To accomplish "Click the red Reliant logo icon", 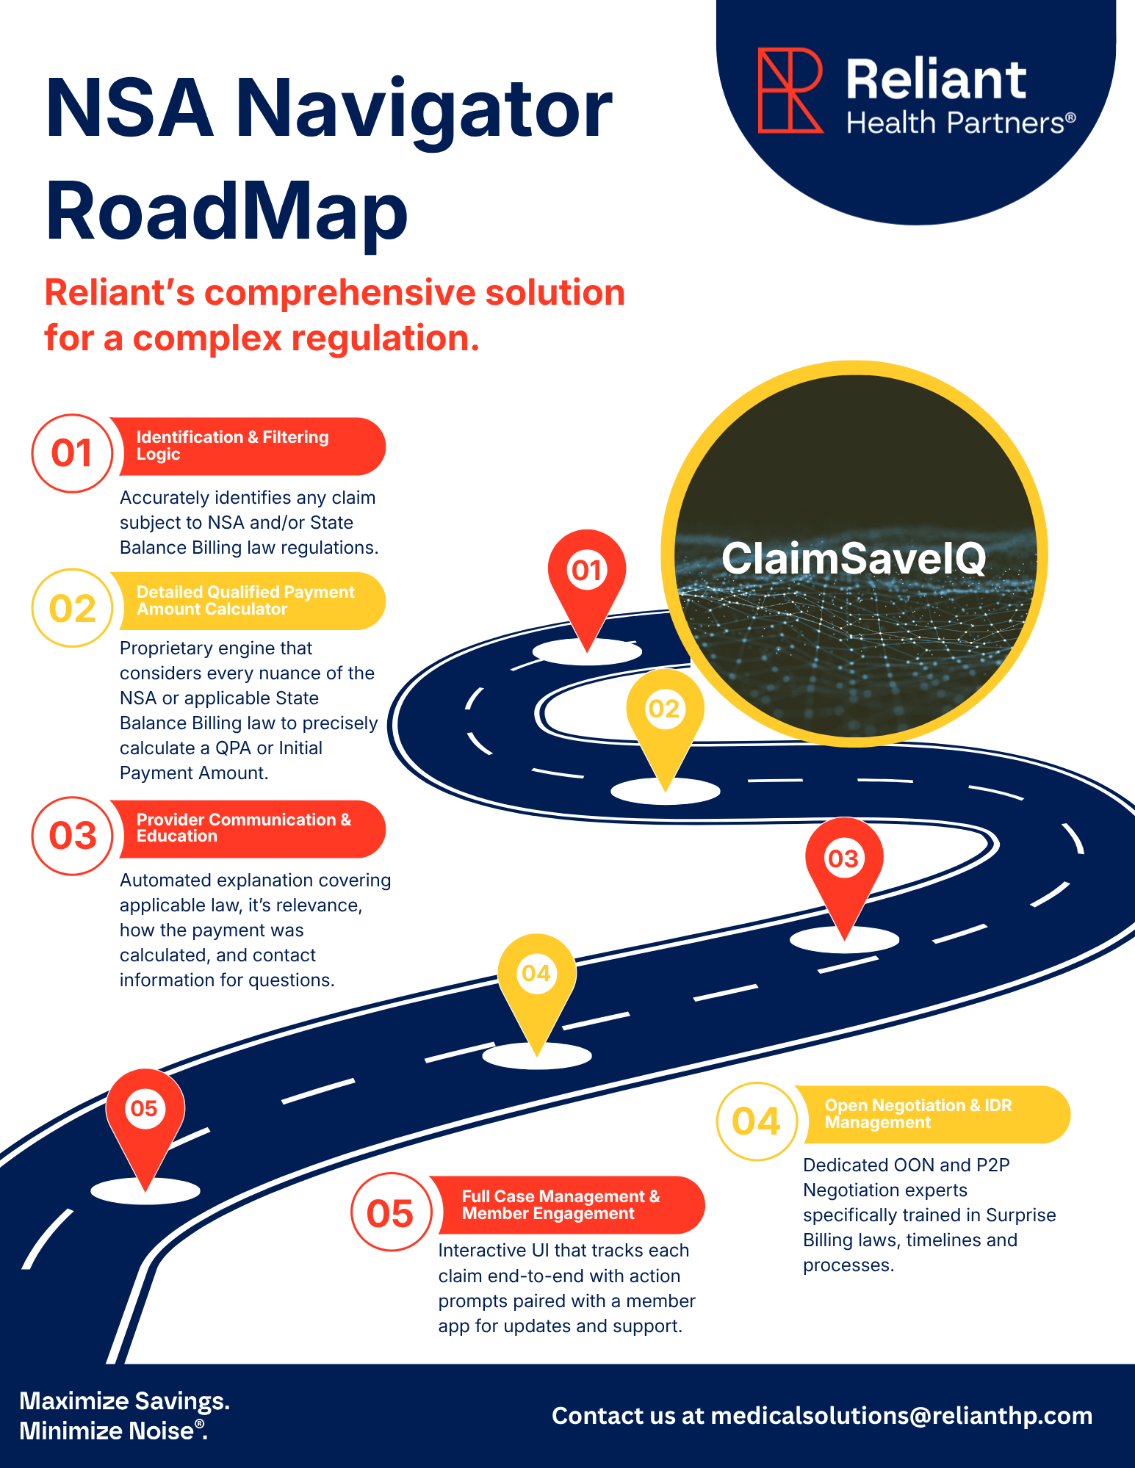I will pos(790,90).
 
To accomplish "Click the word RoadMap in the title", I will pos(226,211).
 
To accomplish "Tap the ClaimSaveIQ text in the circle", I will pos(853,559).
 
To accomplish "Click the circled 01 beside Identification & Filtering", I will pos(72,453).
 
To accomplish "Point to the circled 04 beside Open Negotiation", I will pos(756,1121).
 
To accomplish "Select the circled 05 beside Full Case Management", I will pos(390,1212).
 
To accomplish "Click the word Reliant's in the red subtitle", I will pos(120,292).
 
